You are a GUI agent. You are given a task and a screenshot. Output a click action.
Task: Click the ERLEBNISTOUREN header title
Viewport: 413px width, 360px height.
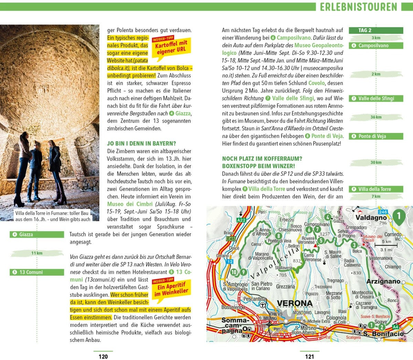tap(358, 7)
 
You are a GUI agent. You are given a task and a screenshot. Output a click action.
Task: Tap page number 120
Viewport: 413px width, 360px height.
tap(103, 357)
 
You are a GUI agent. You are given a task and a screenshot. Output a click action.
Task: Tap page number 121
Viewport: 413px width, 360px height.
tap(309, 357)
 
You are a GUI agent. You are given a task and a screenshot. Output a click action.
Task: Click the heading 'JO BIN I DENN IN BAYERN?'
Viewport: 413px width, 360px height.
tap(141, 144)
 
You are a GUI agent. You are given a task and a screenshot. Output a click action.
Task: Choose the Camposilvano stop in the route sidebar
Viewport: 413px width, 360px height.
tap(376, 45)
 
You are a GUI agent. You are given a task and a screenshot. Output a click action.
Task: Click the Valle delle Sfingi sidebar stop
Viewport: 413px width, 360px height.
tap(376, 98)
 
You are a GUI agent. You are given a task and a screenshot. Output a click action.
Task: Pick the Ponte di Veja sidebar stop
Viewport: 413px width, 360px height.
tap(376, 136)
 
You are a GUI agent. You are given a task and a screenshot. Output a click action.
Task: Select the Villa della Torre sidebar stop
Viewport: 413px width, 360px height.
tap(376, 189)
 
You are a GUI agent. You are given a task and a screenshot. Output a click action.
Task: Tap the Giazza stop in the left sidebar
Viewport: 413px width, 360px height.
tap(37, 235)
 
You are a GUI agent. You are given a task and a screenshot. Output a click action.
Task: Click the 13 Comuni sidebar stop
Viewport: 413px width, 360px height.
tap(37, 272)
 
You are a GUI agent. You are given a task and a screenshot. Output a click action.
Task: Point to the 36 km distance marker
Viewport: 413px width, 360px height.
tap(376, 117)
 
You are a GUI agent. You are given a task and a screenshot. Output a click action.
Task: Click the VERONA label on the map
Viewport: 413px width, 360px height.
tap(295, 303)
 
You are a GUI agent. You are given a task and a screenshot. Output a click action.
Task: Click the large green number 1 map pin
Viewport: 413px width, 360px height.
tap(399, 217)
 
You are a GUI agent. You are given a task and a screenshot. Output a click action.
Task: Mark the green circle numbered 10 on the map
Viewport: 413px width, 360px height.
tap(234, 272)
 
